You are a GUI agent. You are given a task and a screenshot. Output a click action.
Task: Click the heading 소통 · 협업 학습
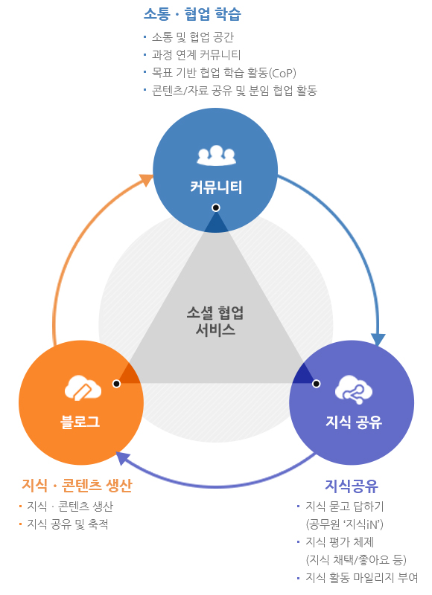[191, 14]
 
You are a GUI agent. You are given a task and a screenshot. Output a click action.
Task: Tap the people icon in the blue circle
[216, 154]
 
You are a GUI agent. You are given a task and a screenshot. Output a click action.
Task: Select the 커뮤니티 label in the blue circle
[216, 186]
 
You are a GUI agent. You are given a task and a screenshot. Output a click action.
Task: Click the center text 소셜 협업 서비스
[216, 320]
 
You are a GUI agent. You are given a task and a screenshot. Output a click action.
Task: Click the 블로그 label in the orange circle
[80, 421]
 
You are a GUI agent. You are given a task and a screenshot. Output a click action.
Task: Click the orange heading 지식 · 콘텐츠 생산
[77, 486]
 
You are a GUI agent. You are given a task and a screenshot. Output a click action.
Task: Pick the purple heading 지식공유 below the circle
[352, 486]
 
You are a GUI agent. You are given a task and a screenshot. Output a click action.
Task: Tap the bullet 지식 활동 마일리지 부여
[362, 577]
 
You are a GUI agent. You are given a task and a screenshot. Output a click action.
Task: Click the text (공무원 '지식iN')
[345, 524]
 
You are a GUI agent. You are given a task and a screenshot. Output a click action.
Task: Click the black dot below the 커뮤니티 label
[215, 208]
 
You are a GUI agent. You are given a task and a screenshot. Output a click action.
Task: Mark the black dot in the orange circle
[116, 384]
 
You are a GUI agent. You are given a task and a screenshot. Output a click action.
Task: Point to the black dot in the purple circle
[316, 384]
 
